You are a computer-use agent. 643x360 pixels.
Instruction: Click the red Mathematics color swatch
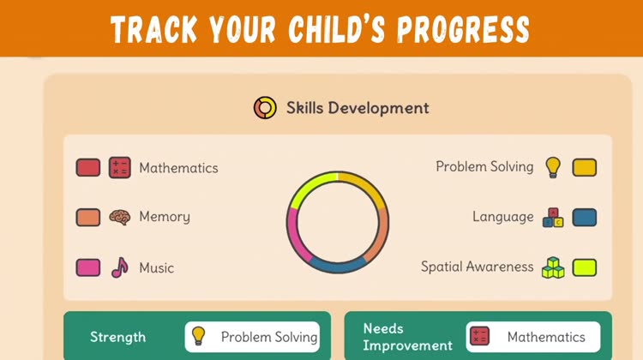88,168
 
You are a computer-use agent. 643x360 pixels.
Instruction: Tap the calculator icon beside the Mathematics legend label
120,168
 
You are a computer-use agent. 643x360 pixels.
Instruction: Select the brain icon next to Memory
120,218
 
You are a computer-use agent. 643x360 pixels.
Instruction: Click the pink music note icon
120,267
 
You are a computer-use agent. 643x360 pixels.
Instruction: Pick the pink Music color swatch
88,267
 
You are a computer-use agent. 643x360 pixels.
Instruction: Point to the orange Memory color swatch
88,218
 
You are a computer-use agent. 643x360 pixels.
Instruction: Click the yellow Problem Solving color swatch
585,167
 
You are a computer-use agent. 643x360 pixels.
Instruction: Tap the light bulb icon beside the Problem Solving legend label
553,167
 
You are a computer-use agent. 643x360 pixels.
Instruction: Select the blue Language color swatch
585,218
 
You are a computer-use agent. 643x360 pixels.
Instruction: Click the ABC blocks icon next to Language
553,218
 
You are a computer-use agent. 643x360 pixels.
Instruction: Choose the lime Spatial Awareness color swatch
585,267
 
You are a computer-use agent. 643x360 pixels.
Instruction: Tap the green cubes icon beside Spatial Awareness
553,267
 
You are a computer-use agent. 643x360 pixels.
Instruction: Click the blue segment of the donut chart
337,267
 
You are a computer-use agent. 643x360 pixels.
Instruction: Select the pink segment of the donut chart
294,236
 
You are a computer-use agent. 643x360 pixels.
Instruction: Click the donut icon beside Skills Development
265,108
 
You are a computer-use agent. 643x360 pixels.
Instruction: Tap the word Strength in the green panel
117,337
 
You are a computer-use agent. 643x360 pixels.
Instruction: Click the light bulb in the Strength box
199,336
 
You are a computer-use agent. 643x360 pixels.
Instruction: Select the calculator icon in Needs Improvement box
479,336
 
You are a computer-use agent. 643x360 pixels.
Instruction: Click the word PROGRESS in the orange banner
463,29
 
